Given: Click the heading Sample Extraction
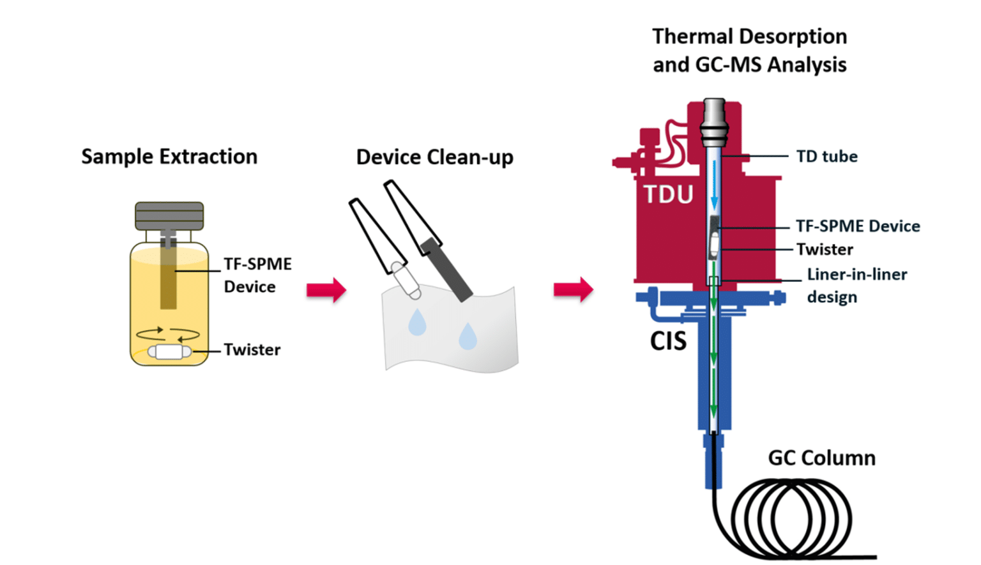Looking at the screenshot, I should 169,157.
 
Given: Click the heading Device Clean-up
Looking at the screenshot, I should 434,157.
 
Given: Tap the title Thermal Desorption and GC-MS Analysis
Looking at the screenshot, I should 749,50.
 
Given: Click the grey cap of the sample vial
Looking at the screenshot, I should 169,216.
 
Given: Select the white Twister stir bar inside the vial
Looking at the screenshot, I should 169,352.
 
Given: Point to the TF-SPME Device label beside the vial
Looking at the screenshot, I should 257,275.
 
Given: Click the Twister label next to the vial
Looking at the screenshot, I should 252,350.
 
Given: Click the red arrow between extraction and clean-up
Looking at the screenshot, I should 326,290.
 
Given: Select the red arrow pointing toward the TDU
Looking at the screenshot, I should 573,290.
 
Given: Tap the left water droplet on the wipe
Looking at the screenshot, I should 417,322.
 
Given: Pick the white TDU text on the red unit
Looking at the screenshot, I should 668,194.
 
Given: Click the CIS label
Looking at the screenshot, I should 668,341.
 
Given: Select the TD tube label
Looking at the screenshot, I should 826,157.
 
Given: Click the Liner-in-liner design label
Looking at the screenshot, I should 856,285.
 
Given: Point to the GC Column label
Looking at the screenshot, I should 821,458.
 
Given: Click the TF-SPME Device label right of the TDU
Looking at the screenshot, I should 858,226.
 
